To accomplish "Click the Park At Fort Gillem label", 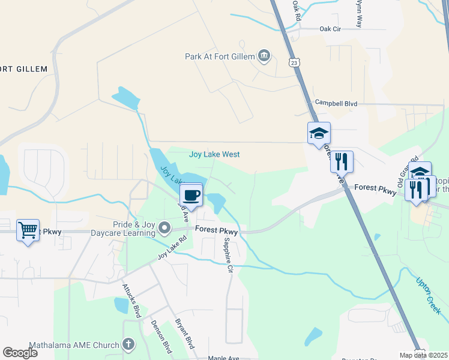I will pos(220,57).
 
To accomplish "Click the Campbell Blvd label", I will pos(336,103).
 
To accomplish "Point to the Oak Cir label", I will pos(330,28).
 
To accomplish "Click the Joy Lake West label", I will pos(214,154).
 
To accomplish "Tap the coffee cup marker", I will pos(191,196).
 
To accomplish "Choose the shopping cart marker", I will pos(28,230).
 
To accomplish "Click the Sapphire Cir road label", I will pos(228,255).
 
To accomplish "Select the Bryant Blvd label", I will pos(184,334).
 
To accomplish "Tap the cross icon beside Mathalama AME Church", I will pos(128,344).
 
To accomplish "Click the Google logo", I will pos(20,353).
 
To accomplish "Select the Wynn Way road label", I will pos(359,13).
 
